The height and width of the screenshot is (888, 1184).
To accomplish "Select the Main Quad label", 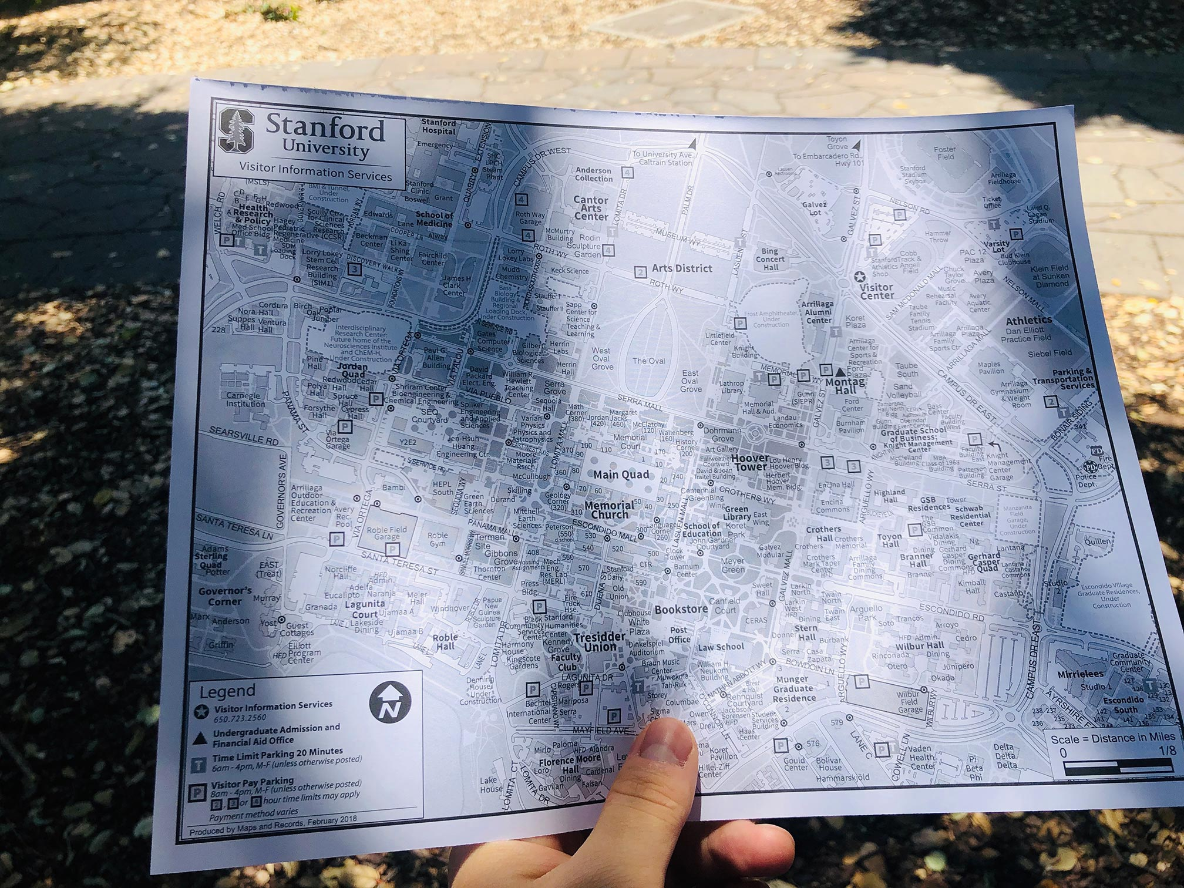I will [x=621, y=475].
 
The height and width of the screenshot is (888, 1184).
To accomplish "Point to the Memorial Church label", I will [x=610, y=510].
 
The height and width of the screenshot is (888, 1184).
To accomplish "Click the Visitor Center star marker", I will [x=860, y=276].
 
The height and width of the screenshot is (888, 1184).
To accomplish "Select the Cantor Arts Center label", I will [x=591, y=208].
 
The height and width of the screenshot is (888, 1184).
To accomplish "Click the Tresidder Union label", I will [x=595, y=642].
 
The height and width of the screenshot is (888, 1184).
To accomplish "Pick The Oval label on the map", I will [x=648, y=361].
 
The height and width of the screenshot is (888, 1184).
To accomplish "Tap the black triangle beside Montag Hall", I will [x=840, y=372].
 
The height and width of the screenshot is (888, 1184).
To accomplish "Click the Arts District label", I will [x=681, y=268].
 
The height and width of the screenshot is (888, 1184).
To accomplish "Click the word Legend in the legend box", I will [x=227, y=691].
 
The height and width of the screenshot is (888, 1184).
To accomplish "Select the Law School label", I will [x=721, y=647].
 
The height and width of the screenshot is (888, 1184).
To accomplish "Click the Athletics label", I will [x=1028, y=321].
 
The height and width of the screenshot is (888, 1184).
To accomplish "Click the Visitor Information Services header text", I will [x=315, y=171].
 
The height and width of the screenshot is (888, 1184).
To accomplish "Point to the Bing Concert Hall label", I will [x=770, y=259].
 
